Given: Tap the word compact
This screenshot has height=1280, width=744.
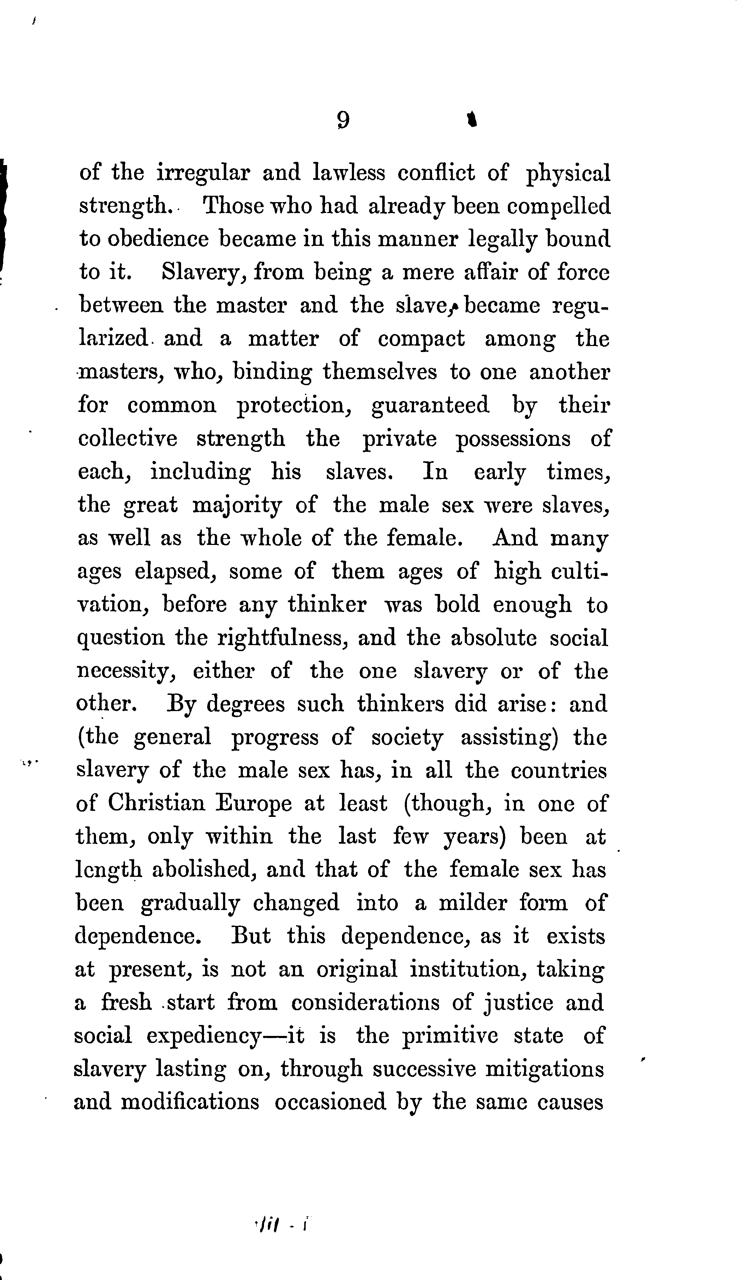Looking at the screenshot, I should (x=421, y=339).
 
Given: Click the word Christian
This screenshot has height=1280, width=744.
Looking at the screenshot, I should (x=156, y=803).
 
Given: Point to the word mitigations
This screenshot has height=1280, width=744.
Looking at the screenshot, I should (x=545, y=1069).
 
